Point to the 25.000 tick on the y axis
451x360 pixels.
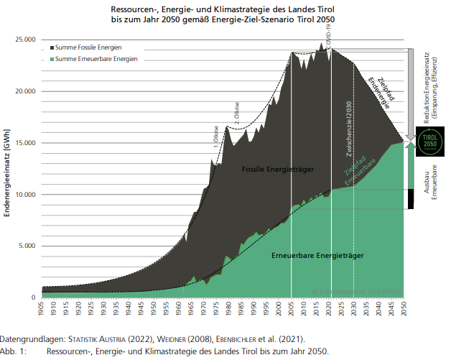(27, 40)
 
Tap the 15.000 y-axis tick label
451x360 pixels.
(27, 143)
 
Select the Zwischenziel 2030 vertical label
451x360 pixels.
(348, 129)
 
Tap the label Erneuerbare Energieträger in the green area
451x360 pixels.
(316, 256)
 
